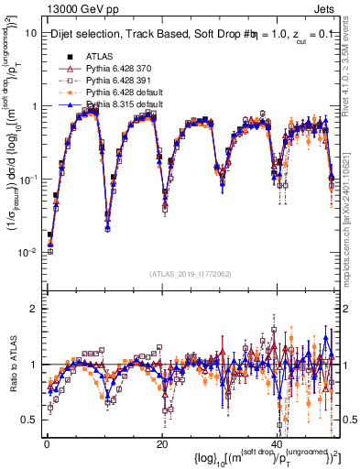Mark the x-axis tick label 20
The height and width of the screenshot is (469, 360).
(161, 442)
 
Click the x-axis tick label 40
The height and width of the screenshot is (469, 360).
(277, 442)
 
